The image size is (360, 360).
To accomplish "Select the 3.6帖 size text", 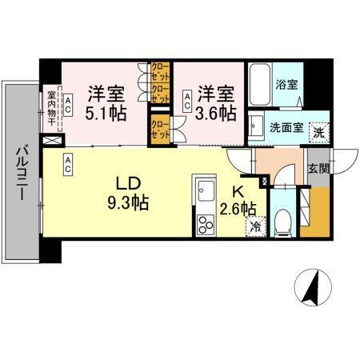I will click(218, 113).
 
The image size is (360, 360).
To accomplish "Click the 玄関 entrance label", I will click(318, 169).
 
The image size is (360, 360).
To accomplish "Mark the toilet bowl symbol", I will click(282, 221).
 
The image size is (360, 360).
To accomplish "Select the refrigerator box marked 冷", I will click(254, 226).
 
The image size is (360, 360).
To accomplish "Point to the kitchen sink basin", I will click(204, 191).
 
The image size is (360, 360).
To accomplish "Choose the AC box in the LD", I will click(69, 164).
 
